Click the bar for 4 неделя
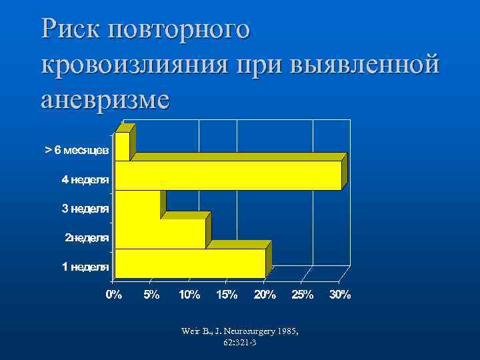228,175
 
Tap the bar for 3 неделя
137,205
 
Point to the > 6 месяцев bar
122,147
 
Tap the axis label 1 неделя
86,267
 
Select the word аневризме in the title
105,100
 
